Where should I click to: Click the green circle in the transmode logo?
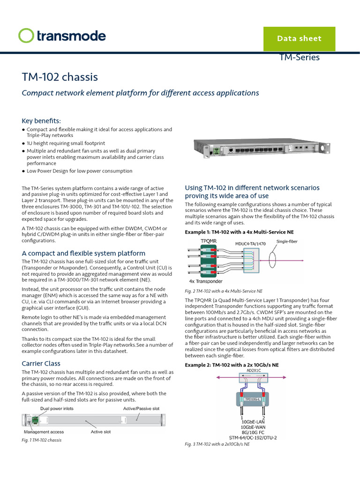26,36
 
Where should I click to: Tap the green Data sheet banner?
299,38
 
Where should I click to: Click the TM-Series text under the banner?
299,58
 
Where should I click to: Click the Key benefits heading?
41,120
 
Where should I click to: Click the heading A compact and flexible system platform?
83,253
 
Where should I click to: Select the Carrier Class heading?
41,363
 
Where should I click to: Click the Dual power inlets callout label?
57,409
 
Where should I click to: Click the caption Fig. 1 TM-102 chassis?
42,440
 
